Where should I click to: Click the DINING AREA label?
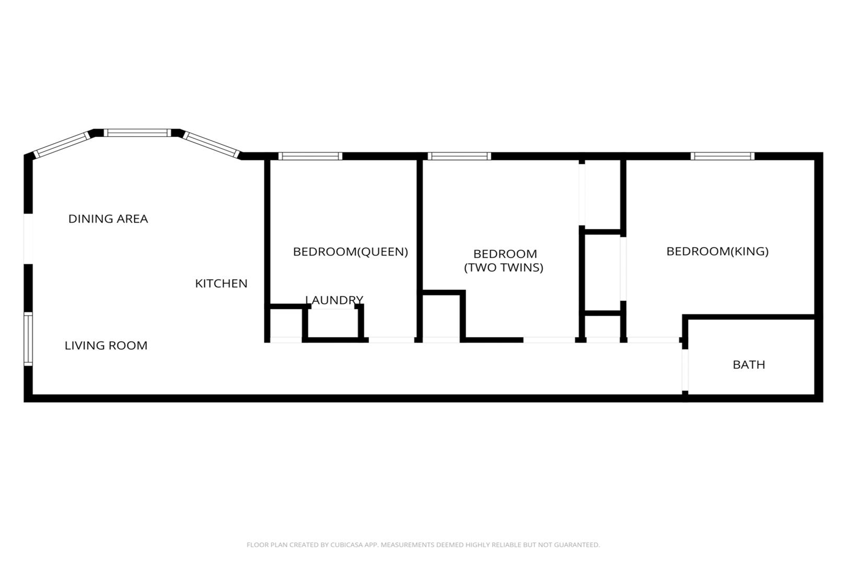108,219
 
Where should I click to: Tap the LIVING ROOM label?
106,346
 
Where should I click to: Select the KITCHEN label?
221,284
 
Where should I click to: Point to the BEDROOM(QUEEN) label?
351,252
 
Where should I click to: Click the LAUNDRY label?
334,300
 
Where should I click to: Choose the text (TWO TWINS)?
504,267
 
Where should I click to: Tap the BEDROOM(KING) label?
717,251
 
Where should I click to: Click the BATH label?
749,365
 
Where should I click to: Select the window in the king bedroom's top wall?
722,156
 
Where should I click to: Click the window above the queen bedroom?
310,156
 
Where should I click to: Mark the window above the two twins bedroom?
459,156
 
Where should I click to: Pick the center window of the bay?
137,133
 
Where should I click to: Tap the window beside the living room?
28,339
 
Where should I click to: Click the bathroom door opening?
685,370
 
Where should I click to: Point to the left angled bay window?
62,145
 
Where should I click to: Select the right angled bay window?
212,145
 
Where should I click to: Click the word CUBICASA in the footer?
346,545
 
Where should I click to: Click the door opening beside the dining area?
28,239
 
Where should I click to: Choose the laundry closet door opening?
333,307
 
